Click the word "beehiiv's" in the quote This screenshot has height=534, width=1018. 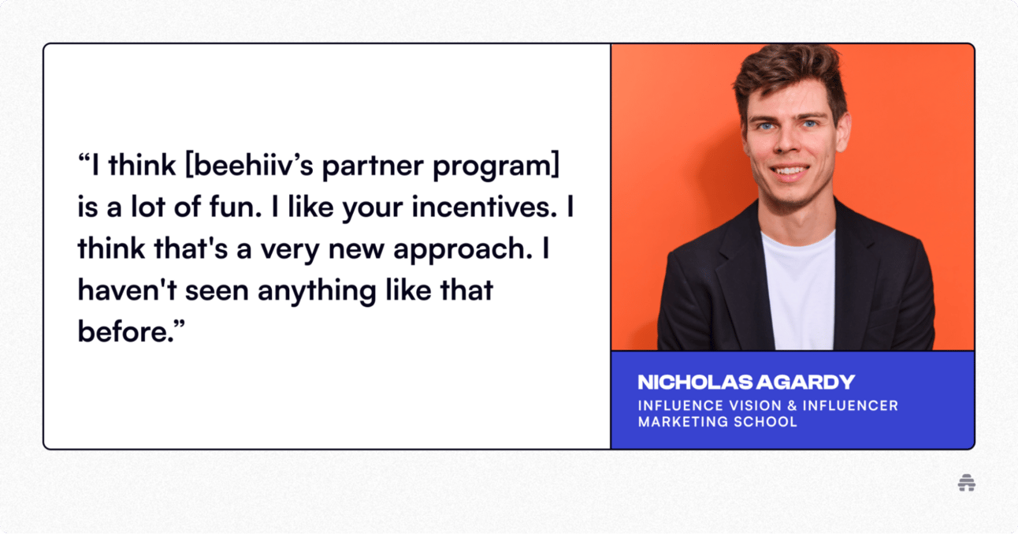coord(254,165)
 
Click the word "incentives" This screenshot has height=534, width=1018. coord(484,207)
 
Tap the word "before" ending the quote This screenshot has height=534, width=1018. coord(123,331)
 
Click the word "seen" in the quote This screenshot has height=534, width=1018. coord(217,291)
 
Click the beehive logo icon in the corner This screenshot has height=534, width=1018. coord(967,483)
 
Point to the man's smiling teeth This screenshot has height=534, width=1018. coord(790,171)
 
